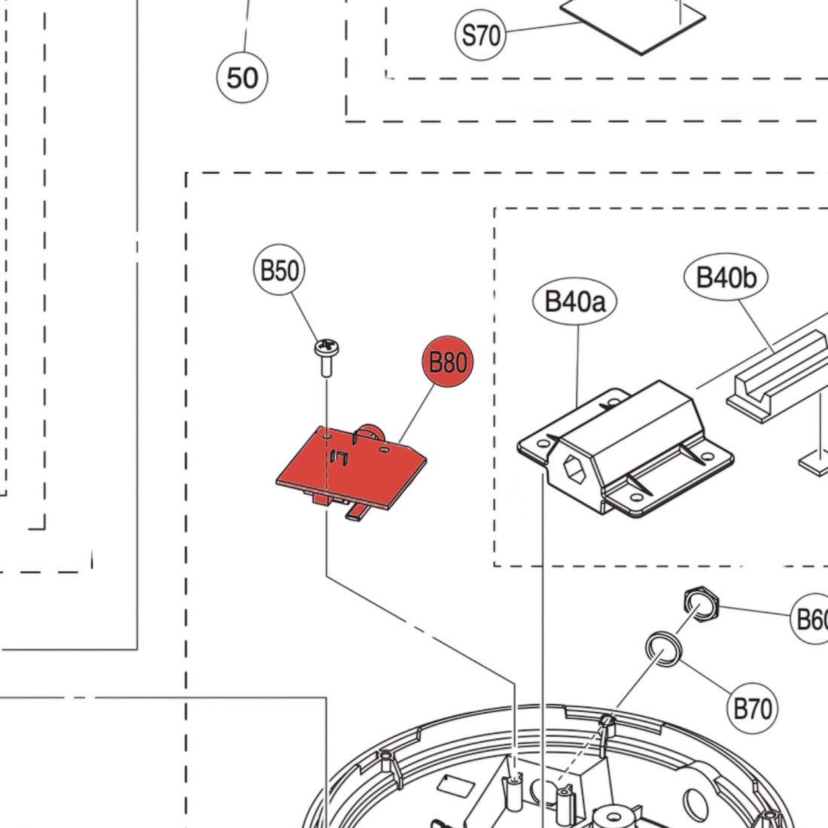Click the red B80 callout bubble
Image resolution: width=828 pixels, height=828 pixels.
(x=447, y=362)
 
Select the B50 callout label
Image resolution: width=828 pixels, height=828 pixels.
(x=279, y=269)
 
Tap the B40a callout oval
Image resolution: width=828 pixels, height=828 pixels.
(x=575, y=302)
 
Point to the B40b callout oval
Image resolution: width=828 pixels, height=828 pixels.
(x=726, y=277)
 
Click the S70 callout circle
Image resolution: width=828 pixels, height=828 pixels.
(x=480, y=35)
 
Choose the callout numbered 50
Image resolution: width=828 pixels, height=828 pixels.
(x=242, y=78)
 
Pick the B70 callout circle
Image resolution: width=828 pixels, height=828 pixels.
(x=752, y=708)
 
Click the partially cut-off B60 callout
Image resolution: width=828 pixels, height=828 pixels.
(x=811, y=619)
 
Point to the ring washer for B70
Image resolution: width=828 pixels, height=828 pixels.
(x=662, y=648)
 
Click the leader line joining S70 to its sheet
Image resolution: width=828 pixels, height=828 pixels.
(x=542, y=29)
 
